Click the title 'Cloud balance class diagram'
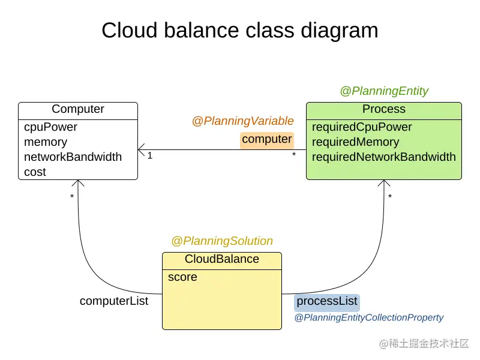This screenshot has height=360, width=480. [x=239, y=30]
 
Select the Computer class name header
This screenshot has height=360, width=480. [x=78, y=109]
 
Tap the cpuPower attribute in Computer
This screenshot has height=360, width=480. [x=50, y=127]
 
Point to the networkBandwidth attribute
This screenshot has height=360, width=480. [x=73, y=157]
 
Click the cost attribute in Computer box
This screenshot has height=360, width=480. [x=35, y=172]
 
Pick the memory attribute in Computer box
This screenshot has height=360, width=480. [x=46, y=142]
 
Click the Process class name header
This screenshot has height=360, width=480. [x=384, y=109]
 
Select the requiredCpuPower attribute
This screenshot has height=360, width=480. [x=362, y=127]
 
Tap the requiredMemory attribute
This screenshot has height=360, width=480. [x=355, y=142]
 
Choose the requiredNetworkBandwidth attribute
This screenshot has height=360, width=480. [x=383, y=157]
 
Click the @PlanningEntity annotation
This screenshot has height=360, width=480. [x=384, y=91]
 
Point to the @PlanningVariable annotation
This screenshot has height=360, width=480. [x=242, y=121]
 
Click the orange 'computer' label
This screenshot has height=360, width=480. [x=267, y=140]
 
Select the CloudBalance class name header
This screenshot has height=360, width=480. [x=222, y=259]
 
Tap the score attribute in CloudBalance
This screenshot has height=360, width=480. [x=182, y=277]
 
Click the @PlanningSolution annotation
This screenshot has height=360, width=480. [x=222, y=241]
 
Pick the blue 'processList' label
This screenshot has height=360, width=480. [x=327, y=301]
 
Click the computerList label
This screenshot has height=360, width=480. [x=114, y=301]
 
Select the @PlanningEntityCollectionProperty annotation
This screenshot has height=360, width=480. [x=369, y=318]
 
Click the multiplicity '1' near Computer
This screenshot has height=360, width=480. [x=150, y=156]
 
